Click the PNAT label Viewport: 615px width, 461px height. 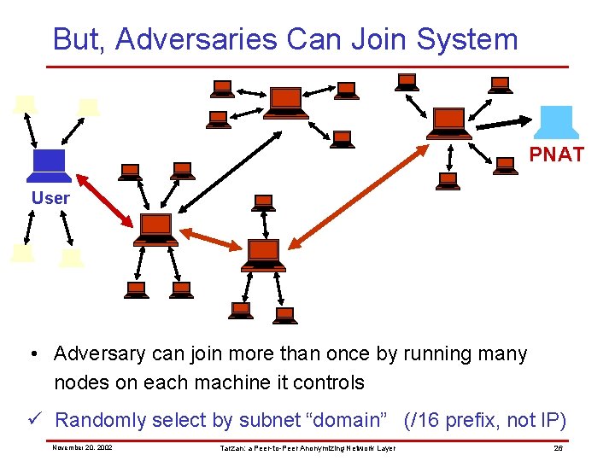click(x=557, y=155)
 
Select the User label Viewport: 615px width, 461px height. click(x=51, y=198)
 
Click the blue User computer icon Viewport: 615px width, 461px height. click(x=49, y=165)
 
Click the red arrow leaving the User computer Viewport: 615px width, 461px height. click(x=105, y=201)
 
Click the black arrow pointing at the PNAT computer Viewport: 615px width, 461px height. click(x=507, y=120)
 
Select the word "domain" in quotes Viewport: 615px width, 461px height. click(x=349, y=420)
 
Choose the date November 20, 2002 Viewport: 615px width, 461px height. click(x=82, y=447)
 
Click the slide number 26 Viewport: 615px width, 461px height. click(x=558, y=447)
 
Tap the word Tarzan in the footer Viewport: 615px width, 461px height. click(x=233, y=447)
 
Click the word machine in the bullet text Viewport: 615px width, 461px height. click(x=237, y=382)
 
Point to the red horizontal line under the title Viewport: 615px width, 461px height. click(x=307, y=67)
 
